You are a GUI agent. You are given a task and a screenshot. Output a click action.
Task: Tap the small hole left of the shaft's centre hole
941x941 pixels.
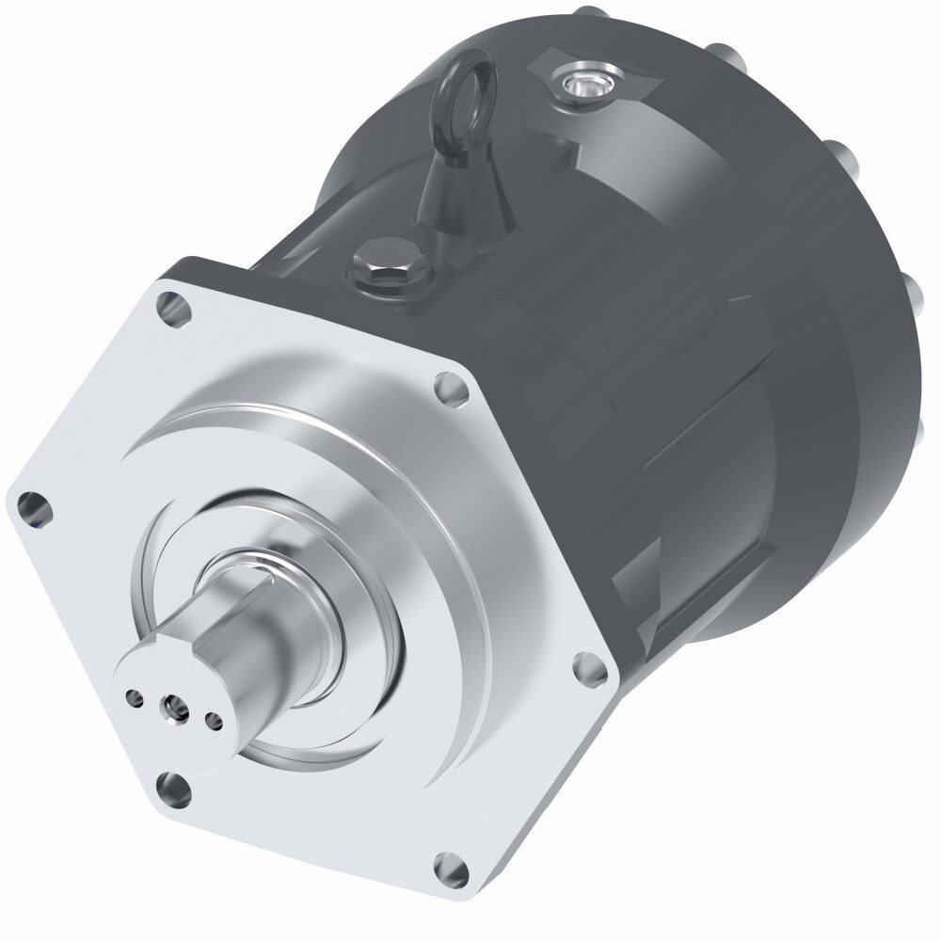135,697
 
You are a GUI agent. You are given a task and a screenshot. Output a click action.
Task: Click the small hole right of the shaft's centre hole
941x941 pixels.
214,722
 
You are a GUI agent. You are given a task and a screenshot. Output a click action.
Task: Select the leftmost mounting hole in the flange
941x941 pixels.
34,507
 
